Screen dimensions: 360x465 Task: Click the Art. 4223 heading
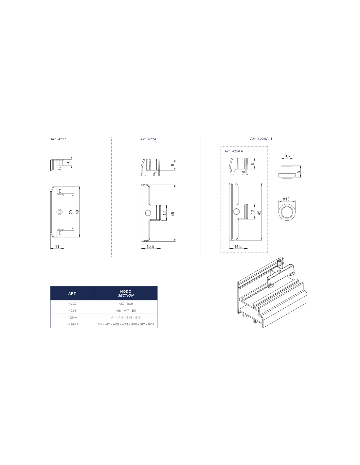58,139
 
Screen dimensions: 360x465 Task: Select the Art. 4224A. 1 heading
261,139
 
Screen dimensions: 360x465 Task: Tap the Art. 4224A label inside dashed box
233,151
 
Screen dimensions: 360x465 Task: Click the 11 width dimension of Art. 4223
57,246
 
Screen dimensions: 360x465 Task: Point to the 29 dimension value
71,212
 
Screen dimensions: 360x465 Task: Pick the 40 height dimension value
77,212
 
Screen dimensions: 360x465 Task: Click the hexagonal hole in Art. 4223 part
59,212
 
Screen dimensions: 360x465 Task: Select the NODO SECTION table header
126,293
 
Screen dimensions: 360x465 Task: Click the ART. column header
72,293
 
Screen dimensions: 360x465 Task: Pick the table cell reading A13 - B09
126,304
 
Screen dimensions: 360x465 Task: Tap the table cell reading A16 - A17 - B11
126,311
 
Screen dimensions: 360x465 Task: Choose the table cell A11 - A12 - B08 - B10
126,317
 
